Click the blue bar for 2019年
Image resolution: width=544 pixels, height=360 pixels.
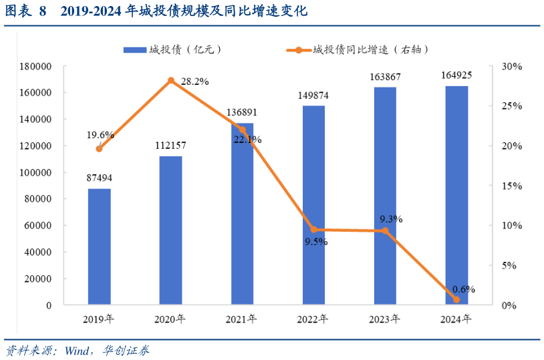(x=100, y=246)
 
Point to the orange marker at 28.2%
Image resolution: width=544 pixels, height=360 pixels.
(x=171, y=81)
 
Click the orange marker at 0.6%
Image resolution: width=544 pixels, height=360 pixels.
(x=456, y=300)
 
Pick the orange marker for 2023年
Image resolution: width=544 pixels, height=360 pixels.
(x=385, y=231)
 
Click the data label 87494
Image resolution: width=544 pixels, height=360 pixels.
(x=100, y=178)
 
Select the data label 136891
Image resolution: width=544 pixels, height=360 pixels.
(x=242, y=112)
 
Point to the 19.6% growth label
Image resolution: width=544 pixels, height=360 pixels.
(x=100, y=135)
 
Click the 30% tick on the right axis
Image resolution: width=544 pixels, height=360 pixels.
(x=512, y=67)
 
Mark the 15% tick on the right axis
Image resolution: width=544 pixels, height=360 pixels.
(x=512, y=186)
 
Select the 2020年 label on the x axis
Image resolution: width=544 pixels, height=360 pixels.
(x=170, y=319)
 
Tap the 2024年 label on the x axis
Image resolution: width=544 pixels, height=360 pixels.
(x=456, y=319)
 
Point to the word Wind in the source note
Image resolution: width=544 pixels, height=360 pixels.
(x=79, y=351)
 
